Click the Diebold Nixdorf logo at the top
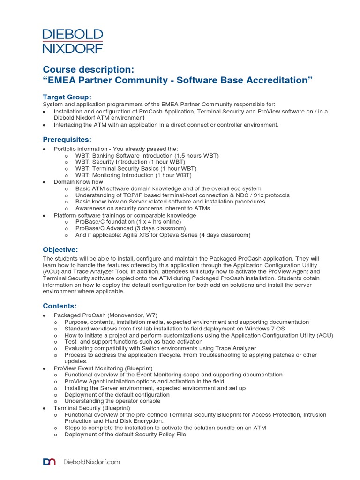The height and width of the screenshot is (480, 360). tap(73, 41)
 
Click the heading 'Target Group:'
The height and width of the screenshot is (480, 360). tap(67, 97)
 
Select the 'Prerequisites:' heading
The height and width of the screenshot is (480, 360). tap(67, 139)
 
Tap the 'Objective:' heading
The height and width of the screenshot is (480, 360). tap(60, 249)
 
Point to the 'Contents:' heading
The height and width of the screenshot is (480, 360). tap(60, 306)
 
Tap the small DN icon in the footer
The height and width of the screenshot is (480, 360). tap(50, 462)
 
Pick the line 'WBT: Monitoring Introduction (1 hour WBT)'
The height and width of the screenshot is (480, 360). tap(134, 175)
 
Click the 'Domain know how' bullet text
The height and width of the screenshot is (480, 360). tap(78, 181)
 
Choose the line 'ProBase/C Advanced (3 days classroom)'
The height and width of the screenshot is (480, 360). tap(131, 228)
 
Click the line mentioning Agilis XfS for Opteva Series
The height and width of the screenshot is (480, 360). tap(163, 235)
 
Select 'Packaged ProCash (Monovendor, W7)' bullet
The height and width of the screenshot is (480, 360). tap(105, 315)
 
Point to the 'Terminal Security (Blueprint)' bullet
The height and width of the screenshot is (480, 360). tap(92, 408)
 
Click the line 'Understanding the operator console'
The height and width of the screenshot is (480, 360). tap(112, 401)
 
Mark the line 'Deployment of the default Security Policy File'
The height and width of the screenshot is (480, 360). tap(125, 434)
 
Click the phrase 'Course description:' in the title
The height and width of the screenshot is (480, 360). tap(89, 69)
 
